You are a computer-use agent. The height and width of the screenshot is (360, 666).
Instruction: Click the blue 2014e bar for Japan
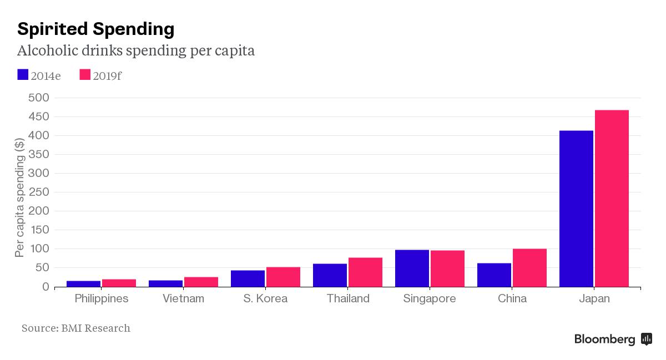click(576, 209)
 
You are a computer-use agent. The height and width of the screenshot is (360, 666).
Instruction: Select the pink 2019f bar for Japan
click(612, 199)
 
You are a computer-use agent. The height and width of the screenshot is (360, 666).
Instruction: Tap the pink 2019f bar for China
click(529, 268)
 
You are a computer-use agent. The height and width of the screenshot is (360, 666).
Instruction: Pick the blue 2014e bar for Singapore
click(412, 268)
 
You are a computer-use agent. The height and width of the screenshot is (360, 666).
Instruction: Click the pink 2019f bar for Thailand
click(365, 272)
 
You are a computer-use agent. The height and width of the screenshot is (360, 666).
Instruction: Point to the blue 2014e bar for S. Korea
click(248, 278)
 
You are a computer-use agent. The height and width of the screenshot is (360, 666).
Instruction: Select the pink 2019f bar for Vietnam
click(201, 282)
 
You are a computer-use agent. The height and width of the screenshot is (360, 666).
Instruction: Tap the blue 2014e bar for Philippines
click(83, 283)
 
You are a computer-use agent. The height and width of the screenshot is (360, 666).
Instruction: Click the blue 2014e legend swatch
click(23, 74)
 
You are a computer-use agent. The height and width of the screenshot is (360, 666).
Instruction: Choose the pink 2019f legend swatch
click(85, 74)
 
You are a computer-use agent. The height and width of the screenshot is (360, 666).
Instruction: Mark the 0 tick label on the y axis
click(46, 287)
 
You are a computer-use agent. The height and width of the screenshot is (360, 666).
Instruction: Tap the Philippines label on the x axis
click(101, 298)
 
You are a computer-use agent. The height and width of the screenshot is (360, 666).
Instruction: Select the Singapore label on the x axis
click(430, 298)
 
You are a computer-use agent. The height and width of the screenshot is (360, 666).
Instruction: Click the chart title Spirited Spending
click(95, 28)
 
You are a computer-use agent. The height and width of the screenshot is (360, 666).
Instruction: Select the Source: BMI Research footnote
click(76, 328)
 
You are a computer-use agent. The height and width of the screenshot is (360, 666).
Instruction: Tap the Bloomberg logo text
click(604, 339)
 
